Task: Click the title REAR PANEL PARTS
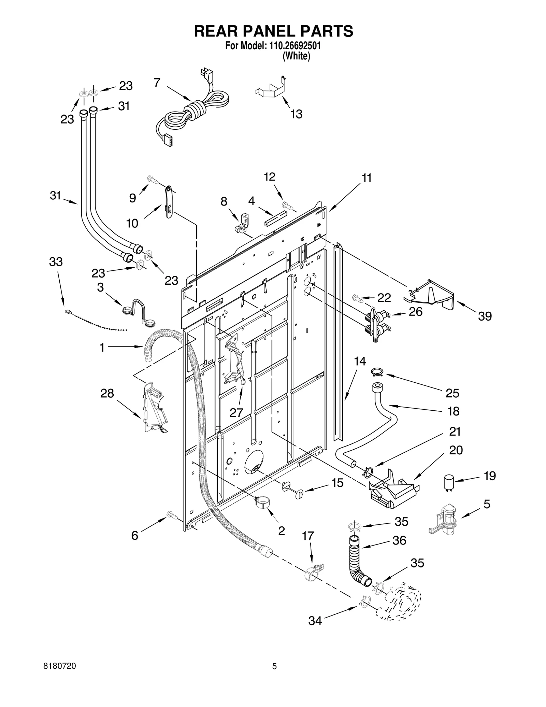point(273,31)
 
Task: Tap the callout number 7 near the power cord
point(157,83)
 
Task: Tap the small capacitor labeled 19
point(448,483)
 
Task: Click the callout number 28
point(107,393)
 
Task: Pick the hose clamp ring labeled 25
point(377,371)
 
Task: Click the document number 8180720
point(60,676)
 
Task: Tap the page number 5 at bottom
point(274,676)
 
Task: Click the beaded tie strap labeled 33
point(96,321)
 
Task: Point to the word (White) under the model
point(296,56)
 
